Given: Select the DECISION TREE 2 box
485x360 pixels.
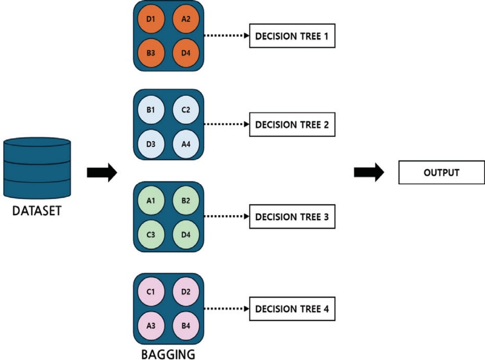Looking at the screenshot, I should (292, 125).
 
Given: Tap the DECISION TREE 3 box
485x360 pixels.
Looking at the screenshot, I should (292, 216).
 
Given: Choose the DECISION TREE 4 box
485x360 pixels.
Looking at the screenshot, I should (292, 308).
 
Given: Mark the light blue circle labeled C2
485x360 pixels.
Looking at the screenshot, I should (186, 110).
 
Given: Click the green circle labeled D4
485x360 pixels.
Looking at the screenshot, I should (186, 234).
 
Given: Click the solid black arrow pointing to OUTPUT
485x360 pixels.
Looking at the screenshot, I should (368, 173).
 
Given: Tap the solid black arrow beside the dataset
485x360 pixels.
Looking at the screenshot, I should (101, 173).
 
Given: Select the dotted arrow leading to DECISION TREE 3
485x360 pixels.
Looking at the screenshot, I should (226, 216).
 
